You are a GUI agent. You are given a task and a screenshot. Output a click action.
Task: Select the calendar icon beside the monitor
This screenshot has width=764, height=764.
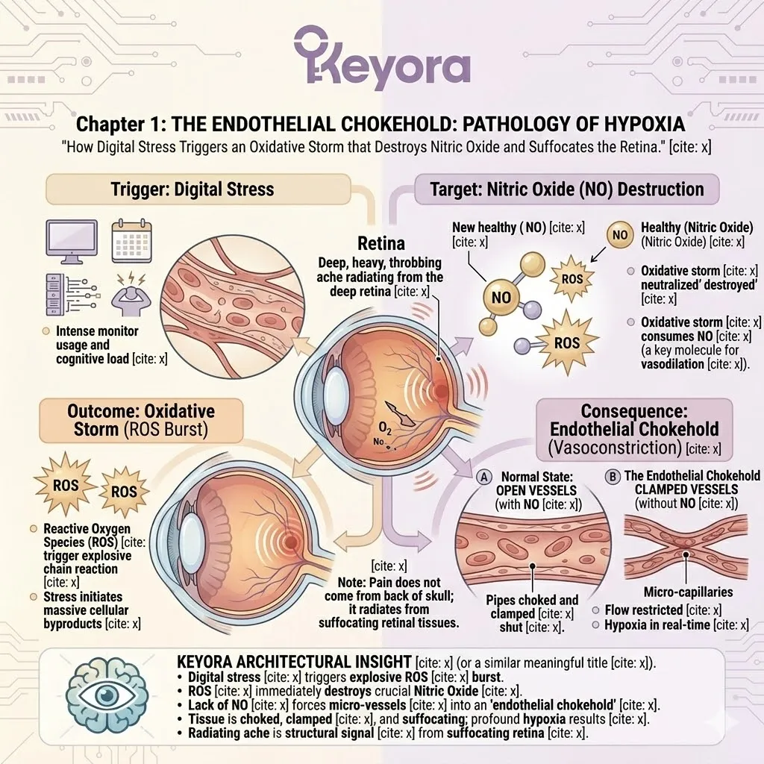coord(131,238)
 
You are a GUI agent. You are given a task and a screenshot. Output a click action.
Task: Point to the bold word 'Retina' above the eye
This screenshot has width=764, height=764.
coord(381,244)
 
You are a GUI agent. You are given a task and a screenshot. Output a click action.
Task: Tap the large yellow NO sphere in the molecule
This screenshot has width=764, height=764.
coord(501,297)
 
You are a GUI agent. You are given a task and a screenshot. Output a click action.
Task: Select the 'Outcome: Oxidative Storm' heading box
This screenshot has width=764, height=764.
coord(141,419)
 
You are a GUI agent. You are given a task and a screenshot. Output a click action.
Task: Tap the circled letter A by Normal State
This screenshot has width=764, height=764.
coord(483,476)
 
